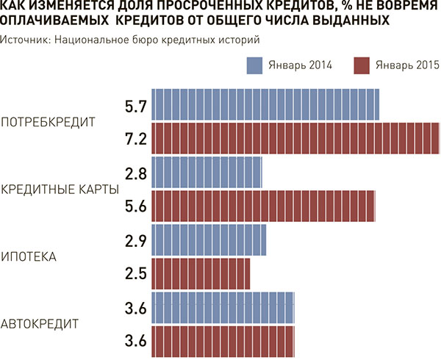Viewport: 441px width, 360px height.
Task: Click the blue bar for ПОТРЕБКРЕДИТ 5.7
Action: tap(265, 104)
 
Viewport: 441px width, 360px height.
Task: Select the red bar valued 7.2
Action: tap(294, 138)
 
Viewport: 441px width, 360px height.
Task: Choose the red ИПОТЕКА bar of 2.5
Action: tap(200, 273)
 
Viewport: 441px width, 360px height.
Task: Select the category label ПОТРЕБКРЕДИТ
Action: tap(49, 122)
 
